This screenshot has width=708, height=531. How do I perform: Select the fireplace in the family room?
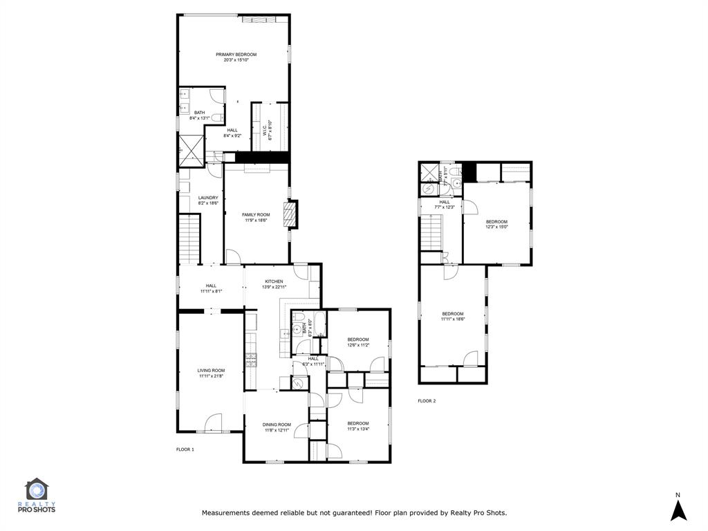pos(293,214)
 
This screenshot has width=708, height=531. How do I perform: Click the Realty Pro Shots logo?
pos(40,496)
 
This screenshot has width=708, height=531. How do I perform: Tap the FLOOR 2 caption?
pos(427,401)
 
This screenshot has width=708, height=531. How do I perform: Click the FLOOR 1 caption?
pos(185,449)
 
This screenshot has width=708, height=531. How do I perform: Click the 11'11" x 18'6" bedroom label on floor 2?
pos(453,316)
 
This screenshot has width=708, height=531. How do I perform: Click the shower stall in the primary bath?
pos(189,149)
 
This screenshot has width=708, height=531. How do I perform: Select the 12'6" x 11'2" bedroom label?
pos(358,342)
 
